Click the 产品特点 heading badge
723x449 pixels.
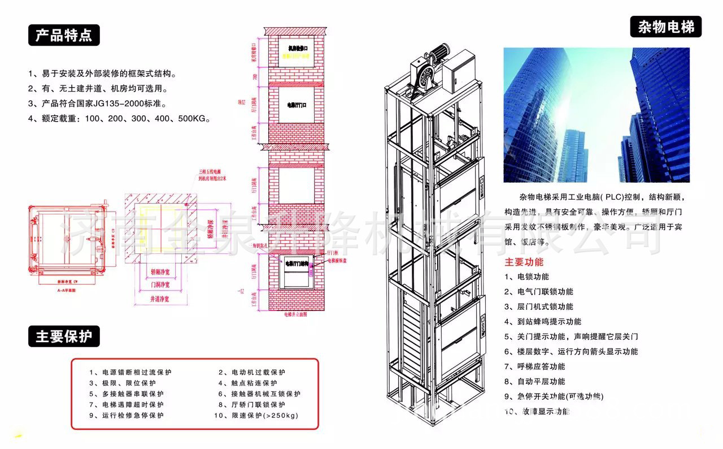[64, 36]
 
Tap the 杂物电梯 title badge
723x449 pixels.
[665, 27]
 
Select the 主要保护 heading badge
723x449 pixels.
[64, 337]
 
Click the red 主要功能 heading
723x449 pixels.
[524, 262]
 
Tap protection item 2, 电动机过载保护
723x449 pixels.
[252, 373]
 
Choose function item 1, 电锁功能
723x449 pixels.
[526, 277]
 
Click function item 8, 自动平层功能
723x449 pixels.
[534, 382]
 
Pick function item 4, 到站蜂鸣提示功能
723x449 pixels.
[542, 322]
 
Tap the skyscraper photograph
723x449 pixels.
[596, 115]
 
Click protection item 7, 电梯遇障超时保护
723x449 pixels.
[126, 405]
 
